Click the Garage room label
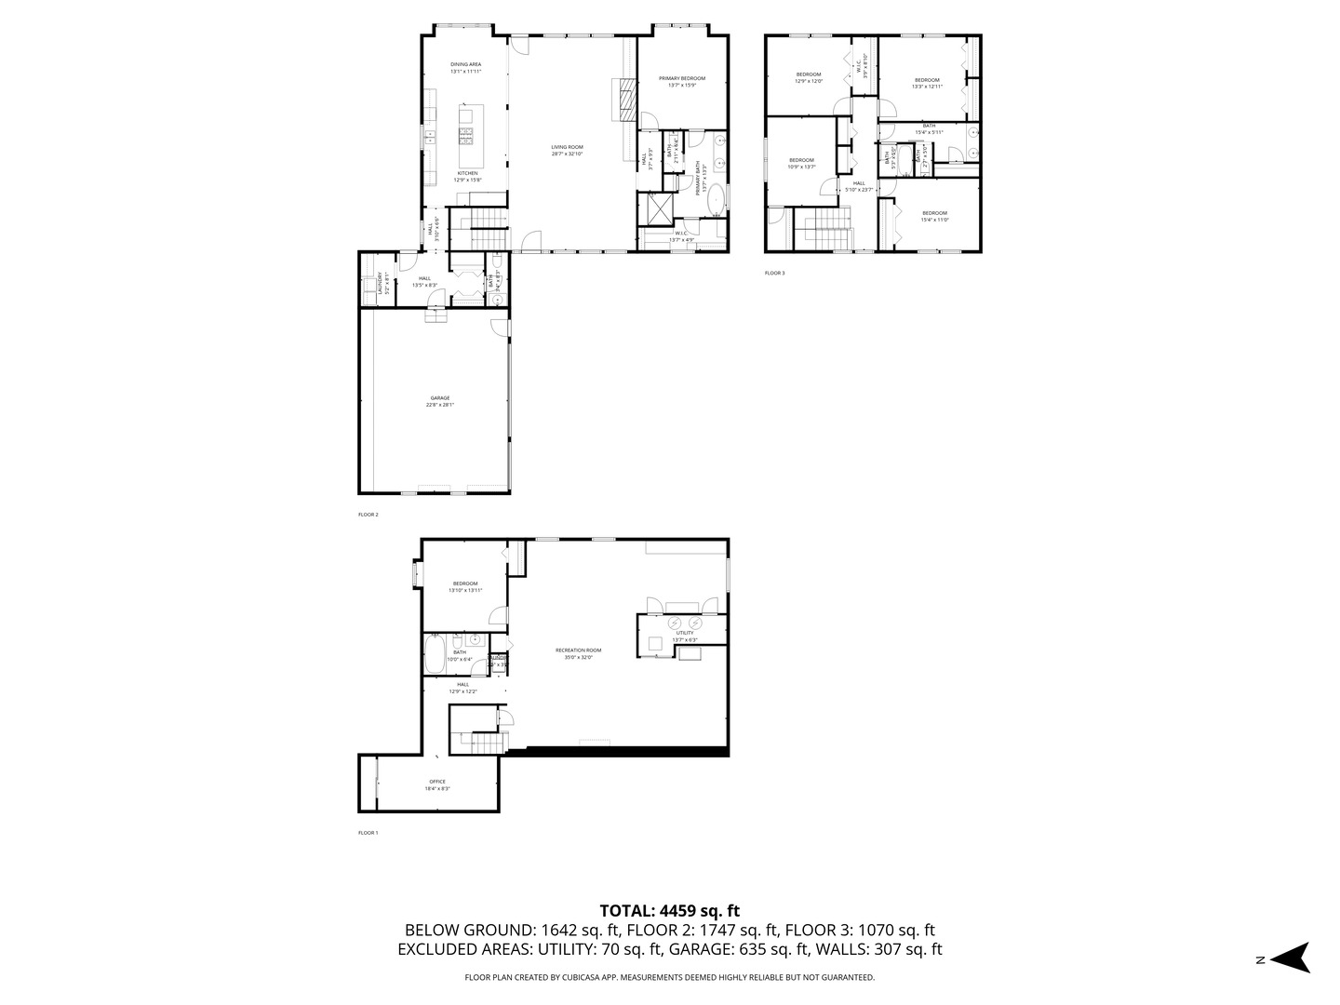440,401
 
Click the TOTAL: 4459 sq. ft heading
669,910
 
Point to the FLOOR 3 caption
775,274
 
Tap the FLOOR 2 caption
368,514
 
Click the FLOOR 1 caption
368,833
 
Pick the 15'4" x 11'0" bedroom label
934,216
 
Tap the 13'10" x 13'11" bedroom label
465,586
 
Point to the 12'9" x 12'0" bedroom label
808,77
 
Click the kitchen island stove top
466,136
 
